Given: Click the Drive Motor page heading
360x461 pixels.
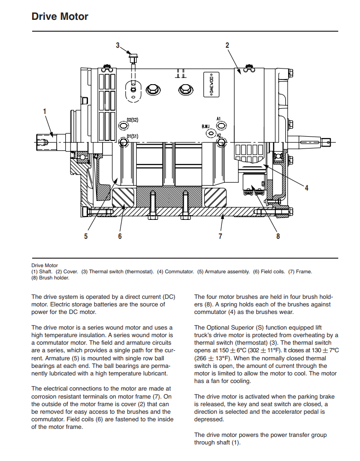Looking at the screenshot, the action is pyautogui.click(x=60, y=17).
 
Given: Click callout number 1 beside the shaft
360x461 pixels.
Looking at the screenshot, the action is pyautogui.click(x=45, y=112).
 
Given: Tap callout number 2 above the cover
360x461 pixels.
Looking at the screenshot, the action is pyautogui.click(x=228, y=45).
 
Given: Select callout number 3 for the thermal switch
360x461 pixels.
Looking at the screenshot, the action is pyautogui.click(x=118, y=45).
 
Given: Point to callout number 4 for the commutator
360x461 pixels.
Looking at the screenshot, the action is pyautogui.click(x=307, y=188).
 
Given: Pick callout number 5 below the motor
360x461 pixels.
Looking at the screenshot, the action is pyautogui.click(x=86, y=236).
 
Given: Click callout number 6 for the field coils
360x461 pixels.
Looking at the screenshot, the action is pyautogui.click(x=120, y=236).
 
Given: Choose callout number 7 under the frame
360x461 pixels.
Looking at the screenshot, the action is pyautogui.click(x=220, y=236).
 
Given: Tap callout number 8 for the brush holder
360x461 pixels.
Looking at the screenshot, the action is pyautogui.click(x=278, y=236).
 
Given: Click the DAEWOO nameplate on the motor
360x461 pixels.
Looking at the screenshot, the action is pyautogui.click(x=211, y=84).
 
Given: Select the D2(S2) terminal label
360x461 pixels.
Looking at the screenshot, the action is pyautogui.click(x=132, y=120).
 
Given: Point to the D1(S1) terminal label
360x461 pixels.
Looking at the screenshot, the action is pyautogui.click(x=132, y=136).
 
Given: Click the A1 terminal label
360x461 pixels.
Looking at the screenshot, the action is pyautogui.click(x=219, y=119).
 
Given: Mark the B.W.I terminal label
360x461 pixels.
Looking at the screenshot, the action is pyautogui.click(x=206, y=126).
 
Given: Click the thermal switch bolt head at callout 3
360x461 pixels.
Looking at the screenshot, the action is pyautogui.click(x=133, y=55).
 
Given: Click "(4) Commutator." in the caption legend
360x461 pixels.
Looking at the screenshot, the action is pyautogui.click(x=176, y=272).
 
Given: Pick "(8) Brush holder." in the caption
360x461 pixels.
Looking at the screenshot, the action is pyautogui.click(x=50, y=278).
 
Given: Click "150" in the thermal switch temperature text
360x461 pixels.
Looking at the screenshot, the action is pyautogui.click(x=224, y=350).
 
